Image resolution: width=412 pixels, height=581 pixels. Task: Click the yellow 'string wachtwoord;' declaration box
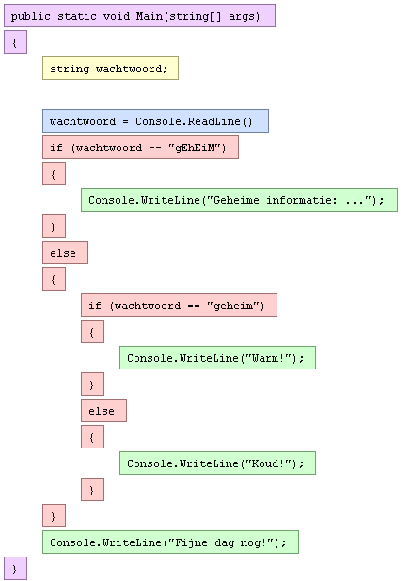(x=110, y=69)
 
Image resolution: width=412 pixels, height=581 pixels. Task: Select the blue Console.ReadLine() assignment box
(x=156, y=120)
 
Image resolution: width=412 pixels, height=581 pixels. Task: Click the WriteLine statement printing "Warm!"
(x=217, y=358)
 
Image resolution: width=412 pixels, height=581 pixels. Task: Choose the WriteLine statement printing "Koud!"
(x=217, y=463)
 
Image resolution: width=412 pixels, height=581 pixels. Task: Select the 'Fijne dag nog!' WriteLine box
(x=170, y=542)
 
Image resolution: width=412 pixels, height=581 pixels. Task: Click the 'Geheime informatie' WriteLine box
(x=239, y=199)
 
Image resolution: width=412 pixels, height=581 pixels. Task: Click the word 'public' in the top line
(x=30, y=16)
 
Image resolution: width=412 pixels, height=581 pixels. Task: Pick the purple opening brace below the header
(x=16, y=42)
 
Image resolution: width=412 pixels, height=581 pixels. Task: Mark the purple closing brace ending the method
(x=16, y=569)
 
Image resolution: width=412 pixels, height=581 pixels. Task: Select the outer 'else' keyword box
(x=65, y=252)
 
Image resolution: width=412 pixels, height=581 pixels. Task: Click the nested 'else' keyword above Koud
(x=103, y=410)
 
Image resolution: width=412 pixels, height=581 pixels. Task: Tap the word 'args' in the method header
(x=242, y=17)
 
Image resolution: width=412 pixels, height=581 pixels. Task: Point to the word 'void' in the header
(x=116, y=16)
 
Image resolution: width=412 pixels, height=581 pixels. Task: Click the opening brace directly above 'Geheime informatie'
(x=55, y=173)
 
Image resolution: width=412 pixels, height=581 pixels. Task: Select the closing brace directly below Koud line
(x=93, y=490)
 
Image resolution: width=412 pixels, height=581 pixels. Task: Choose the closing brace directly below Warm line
(x=93, y=385)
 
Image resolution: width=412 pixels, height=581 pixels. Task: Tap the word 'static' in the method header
(x=77, y=16)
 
